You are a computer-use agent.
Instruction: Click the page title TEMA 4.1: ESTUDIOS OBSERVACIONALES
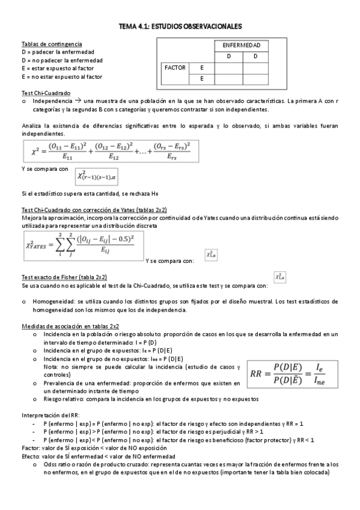click(180, 27)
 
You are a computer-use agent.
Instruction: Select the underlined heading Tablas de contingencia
click(52, 45)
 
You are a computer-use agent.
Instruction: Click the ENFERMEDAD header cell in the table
click(241, 45)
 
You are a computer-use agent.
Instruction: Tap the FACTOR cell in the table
click(175, 68)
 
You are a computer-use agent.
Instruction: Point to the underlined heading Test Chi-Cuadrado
click(46, 93)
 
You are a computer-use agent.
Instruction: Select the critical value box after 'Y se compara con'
click(96, 177)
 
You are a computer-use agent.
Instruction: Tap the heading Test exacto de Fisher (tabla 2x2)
click(64, 277)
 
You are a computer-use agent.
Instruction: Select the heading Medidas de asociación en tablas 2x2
click(67, 325)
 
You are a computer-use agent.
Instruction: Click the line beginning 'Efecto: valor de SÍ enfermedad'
click(96, 456)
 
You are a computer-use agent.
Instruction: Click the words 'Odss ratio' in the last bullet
click(57, 464)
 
